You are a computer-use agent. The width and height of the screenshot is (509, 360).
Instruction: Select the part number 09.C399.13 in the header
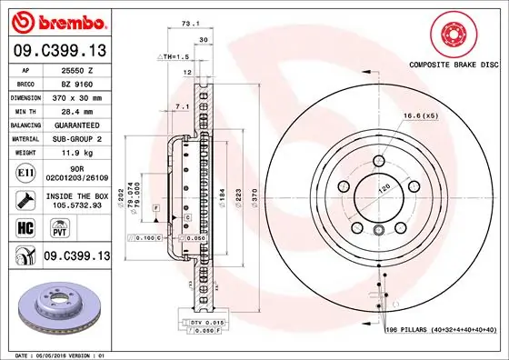point(59,51)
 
